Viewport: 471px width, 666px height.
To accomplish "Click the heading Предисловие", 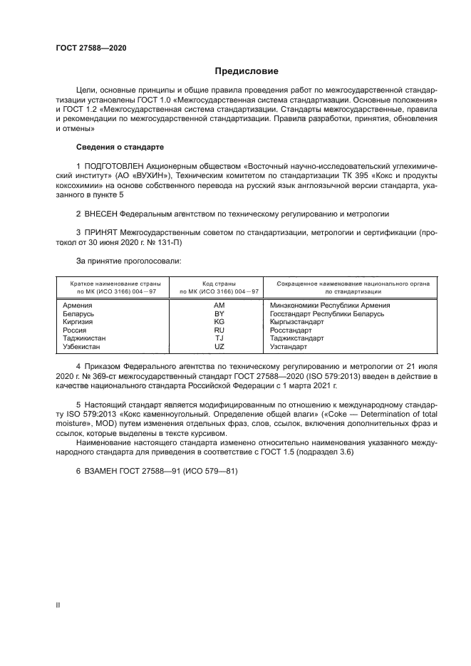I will point(247,71).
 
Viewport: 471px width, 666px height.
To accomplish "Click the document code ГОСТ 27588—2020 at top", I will point(92,48).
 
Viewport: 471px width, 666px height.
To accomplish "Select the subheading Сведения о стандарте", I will point(120,147).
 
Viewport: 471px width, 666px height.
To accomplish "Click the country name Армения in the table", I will point(78,305).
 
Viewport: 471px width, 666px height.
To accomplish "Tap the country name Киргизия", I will point(79,322).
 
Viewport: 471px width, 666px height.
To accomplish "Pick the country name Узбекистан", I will point(82,347).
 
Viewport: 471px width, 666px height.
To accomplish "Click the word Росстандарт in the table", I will point(291,331).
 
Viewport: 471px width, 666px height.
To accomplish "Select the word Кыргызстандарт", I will point(299,322).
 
